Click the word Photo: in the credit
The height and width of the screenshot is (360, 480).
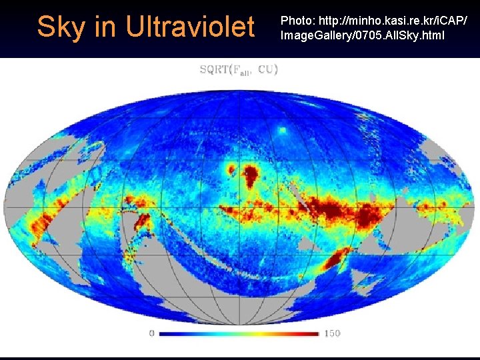pyautogui.click(x=297, y=21)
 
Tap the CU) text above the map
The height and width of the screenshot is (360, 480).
pyautogui.click(x=268, y=69)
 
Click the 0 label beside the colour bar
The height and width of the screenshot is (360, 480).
pyautogui.click(x=152, y=332)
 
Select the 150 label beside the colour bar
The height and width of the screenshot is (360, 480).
pyautogui.click(x=331, y=332)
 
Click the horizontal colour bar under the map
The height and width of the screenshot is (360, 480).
pyautogui.click(x=239, y=332)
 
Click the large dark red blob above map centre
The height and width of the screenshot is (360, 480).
pyautogui.click(x=251, y=176)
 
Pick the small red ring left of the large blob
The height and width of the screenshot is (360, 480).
pyautogui.click(x=231, y=169)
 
